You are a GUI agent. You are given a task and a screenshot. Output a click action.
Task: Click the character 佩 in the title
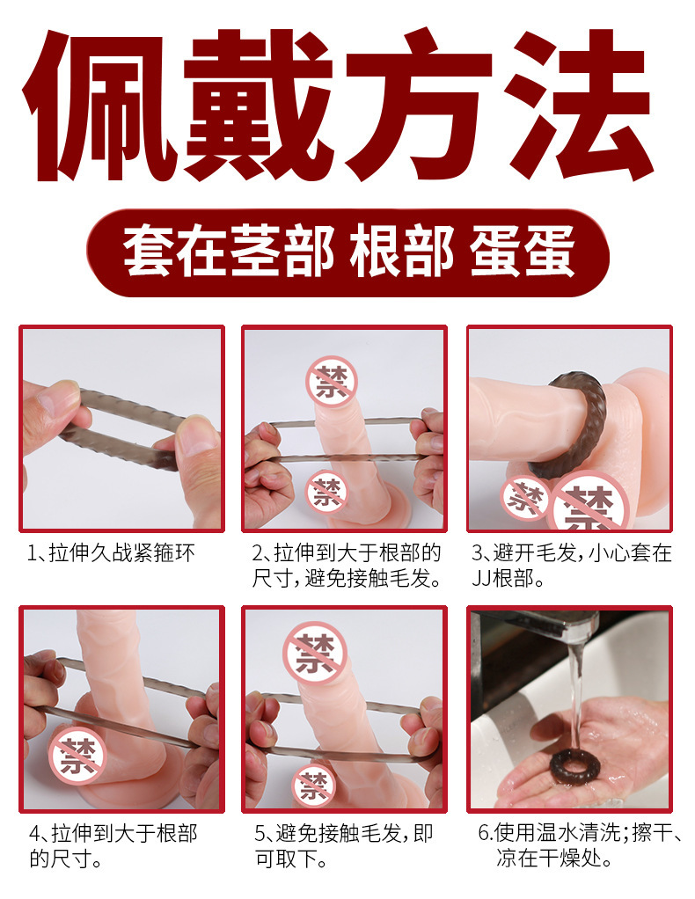pos(99,106)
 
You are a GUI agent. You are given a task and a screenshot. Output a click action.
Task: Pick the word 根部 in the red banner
pos(402,252)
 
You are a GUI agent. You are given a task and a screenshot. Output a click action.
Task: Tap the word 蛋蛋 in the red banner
pos(523,252)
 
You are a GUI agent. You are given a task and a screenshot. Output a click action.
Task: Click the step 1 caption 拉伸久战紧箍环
pos(122,554)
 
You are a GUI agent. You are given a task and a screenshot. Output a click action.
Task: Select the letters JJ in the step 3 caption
pos(481,579)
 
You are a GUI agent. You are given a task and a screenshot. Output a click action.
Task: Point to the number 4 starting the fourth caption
pos(34,834)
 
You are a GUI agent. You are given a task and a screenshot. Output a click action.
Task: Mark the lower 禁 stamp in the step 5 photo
pos(314,785)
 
